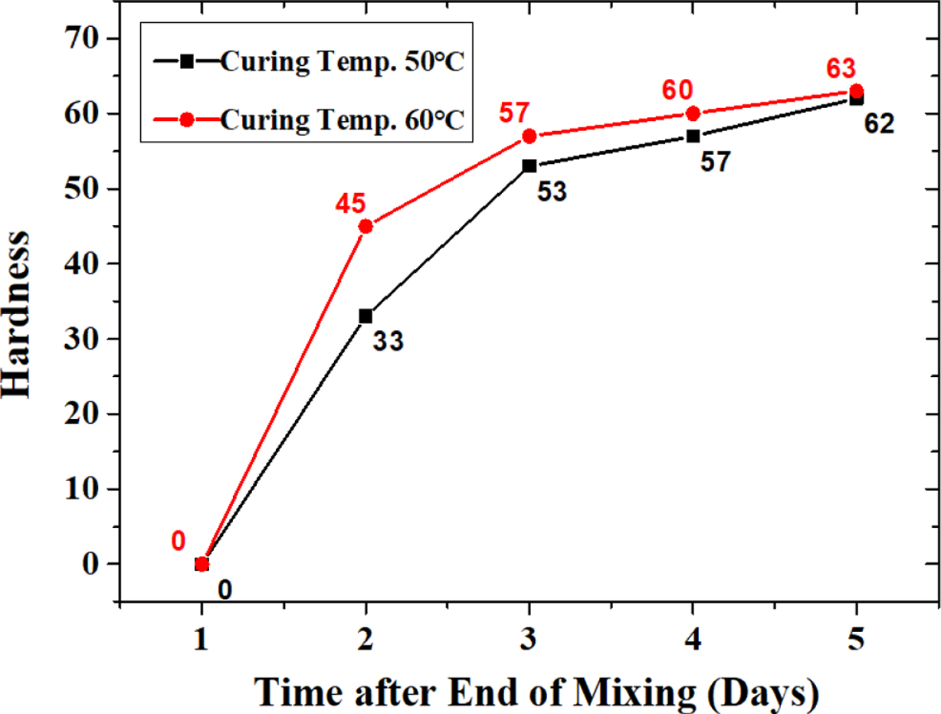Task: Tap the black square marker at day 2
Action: pyautogui.click(x=366, y=316)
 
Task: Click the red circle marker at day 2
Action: pyautogui.click(x=366, y=226)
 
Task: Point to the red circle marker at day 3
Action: pyautogui.click(x=529, y=136)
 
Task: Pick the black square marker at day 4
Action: pyautogui.click(x=693, y=136)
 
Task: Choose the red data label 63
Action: pyautogui.click(x=841, y=68)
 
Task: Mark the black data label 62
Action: pyautogui.click(x=879, y=123)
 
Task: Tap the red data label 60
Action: pyautogui.click(x=677, y=91)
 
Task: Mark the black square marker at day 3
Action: pyautogui.click(x=529, y=165)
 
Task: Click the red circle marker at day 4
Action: pyautogui.click(x=693, y=113)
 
